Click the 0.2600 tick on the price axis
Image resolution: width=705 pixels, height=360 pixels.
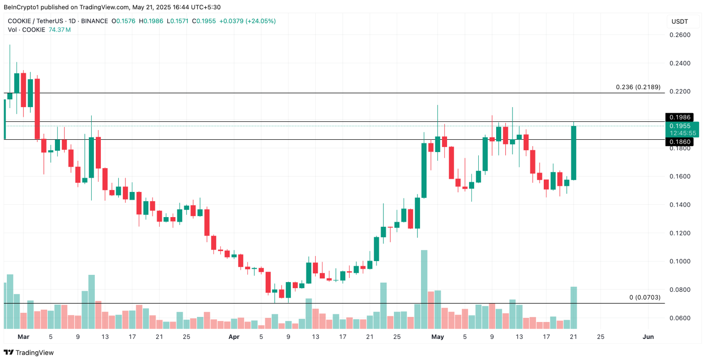[x=680, y=35]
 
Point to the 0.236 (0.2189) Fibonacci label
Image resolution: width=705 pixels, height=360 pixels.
[x=638, y=87]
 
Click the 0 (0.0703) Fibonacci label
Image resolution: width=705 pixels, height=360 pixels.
[x=645, y=297]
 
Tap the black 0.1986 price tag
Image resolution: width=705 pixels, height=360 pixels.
[x=679, y=118]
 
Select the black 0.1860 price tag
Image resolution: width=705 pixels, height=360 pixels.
[x=679, y=142]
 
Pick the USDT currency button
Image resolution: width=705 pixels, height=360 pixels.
[x=679, y=22]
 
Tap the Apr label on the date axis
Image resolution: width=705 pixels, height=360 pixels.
[x=234, y=337]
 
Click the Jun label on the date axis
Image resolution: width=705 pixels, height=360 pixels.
[x=648, y=337]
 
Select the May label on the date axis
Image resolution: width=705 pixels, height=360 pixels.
[x=437, y=337]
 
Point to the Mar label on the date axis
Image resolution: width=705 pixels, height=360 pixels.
[x=23, y=337]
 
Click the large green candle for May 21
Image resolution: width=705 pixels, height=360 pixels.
[x=573, y=153]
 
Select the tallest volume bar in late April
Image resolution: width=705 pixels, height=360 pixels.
[x=424, y=289]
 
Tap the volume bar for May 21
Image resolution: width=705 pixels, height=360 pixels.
[x=573, y=307]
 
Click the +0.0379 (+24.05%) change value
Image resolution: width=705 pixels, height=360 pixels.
[x=247, y=21]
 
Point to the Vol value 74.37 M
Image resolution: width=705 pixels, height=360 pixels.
[x=60, y=30]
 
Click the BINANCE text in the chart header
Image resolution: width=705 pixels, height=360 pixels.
[x=94, y=21]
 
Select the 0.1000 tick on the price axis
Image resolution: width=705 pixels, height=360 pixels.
[x=680, y=262]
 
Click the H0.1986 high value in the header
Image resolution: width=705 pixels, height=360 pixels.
[x=151, y=21]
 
